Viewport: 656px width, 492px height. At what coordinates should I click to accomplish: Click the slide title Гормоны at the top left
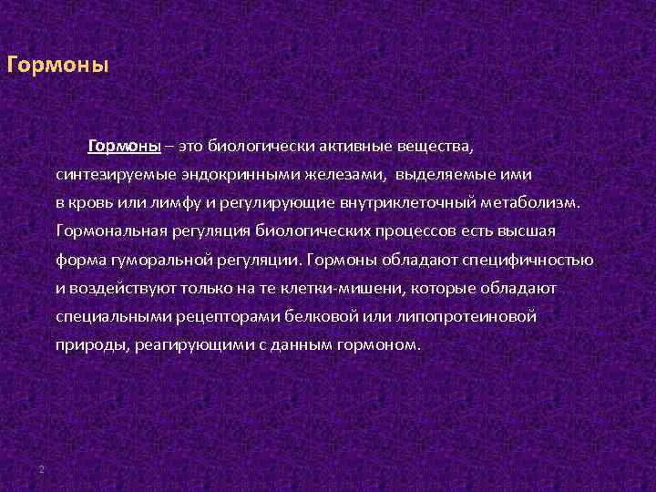point(56,67)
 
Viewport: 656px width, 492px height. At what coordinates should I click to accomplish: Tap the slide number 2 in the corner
point(42,468)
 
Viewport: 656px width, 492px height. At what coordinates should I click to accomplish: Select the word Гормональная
point(111,231)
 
